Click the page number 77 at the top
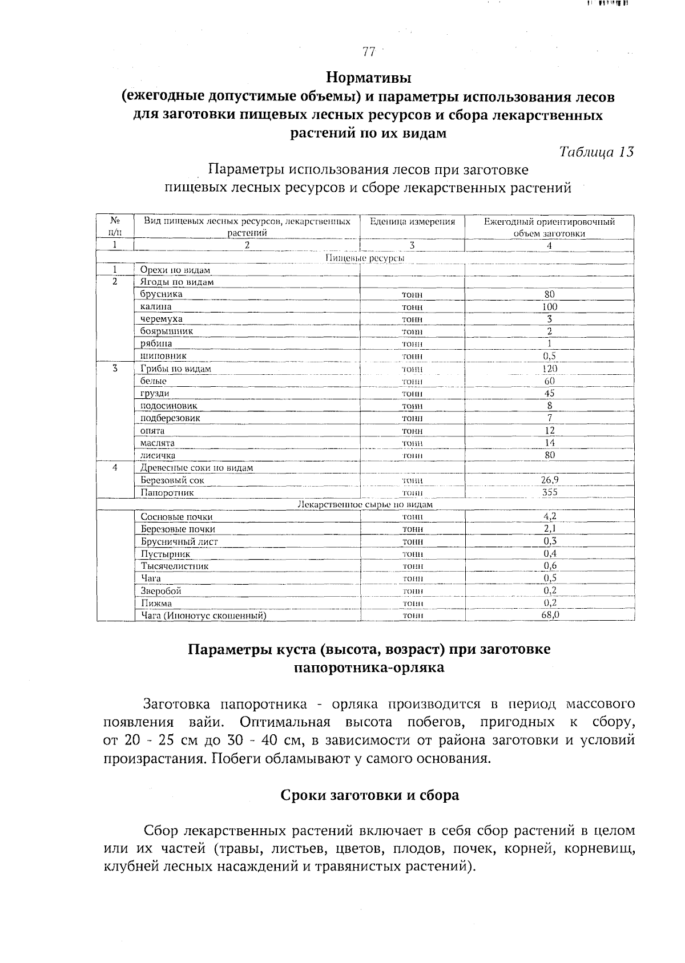(369, 52)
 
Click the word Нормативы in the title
(369, 76)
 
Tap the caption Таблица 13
(596, 152)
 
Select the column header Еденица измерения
(412, 221)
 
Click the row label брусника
(162, 294)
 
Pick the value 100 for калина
(549, 307)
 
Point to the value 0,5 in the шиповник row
(549, 356)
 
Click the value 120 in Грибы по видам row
(549, 369)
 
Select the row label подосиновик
(169, 406)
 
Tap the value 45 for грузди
(549, 393)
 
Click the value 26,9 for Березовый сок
(549, 480)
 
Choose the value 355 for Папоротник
(549, 492)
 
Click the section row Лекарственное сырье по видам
(365, 505)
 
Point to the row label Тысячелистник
(175, 567)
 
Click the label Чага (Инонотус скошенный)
(204, 616)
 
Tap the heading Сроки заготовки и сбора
(369, 795)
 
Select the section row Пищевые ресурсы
(365, 258)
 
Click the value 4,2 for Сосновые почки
(549, 517)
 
